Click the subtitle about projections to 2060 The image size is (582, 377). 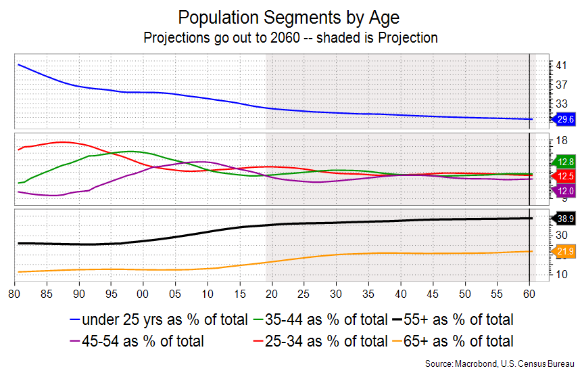point(291,38)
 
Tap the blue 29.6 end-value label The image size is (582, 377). point(566,120)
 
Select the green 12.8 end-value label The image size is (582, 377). point(566,162)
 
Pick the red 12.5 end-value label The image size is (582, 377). point(566,177)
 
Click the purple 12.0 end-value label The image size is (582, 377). point(566,192)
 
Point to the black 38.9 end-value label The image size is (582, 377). point(566,219)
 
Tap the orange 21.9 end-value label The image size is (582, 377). point(566,252)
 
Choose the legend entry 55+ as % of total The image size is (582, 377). point(453,319)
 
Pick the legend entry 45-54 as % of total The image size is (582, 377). point(142,341)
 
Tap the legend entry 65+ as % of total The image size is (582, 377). point(453,341)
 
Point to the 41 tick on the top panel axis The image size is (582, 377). point(561,65)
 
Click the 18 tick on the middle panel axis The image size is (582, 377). point(561,141)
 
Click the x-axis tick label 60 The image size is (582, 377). point(529,295)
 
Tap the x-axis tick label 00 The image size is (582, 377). point(143,295)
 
